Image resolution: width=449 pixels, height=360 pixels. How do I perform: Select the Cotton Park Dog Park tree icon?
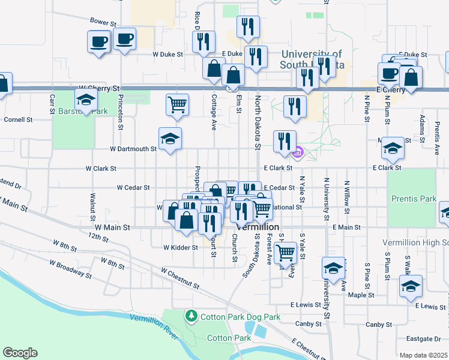191,315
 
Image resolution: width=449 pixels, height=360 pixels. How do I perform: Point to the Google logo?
20,353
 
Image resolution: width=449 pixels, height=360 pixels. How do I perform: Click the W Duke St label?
167,54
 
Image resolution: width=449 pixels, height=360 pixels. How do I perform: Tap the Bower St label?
103,21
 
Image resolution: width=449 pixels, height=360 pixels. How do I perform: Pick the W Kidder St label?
181,247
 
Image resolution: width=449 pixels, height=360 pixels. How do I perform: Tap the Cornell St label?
17,119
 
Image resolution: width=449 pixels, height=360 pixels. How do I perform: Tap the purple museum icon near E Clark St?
297,154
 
